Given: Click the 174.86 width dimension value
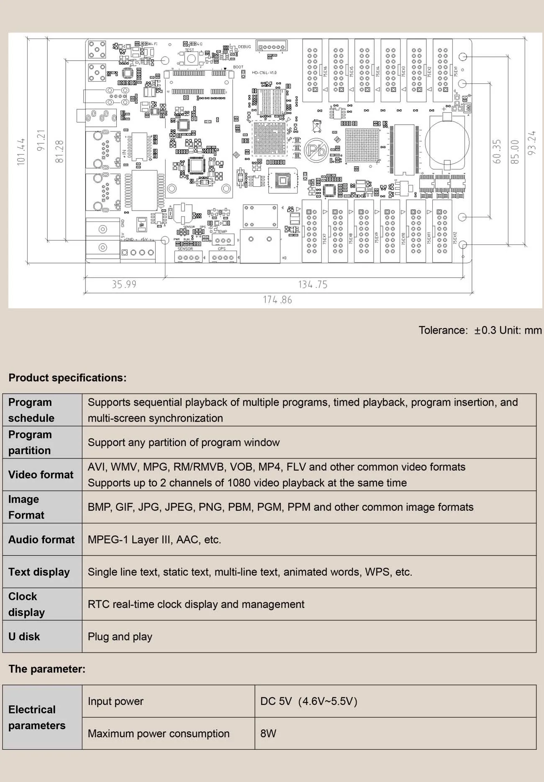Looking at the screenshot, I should [x=277, y=300].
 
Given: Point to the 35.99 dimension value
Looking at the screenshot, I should [x=124, y=285].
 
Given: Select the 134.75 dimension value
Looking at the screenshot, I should [x=313, y=285].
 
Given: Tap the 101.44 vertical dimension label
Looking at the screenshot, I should [x=21, y=152].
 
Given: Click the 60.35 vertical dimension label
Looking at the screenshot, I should [x=497, y=151].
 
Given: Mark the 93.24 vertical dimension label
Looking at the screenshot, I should [x=531, y=143].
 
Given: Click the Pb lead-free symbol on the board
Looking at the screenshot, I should [x=316, y=150].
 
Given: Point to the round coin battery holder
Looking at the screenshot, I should [x=447, y=142].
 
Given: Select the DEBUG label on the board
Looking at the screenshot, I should [x=244, y=47].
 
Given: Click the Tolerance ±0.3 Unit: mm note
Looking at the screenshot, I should [x=480, y=330].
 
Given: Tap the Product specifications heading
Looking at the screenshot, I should [x=67, y=378].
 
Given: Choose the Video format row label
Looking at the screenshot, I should [x=41, y=475].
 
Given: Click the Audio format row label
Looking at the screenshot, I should [x=41, y=540].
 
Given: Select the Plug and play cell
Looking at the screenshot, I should [x=120, y=637].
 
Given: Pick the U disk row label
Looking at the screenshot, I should [x=24, y=637].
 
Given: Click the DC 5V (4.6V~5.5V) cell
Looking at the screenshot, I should [x=309, y=701].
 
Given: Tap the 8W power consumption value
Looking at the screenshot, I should [x=268, y=733].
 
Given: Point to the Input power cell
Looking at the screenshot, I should [x=116, y=701].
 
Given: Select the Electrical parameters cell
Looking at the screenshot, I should [x=37, y=718].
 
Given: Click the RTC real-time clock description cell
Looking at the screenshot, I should [x=196, y=605].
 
